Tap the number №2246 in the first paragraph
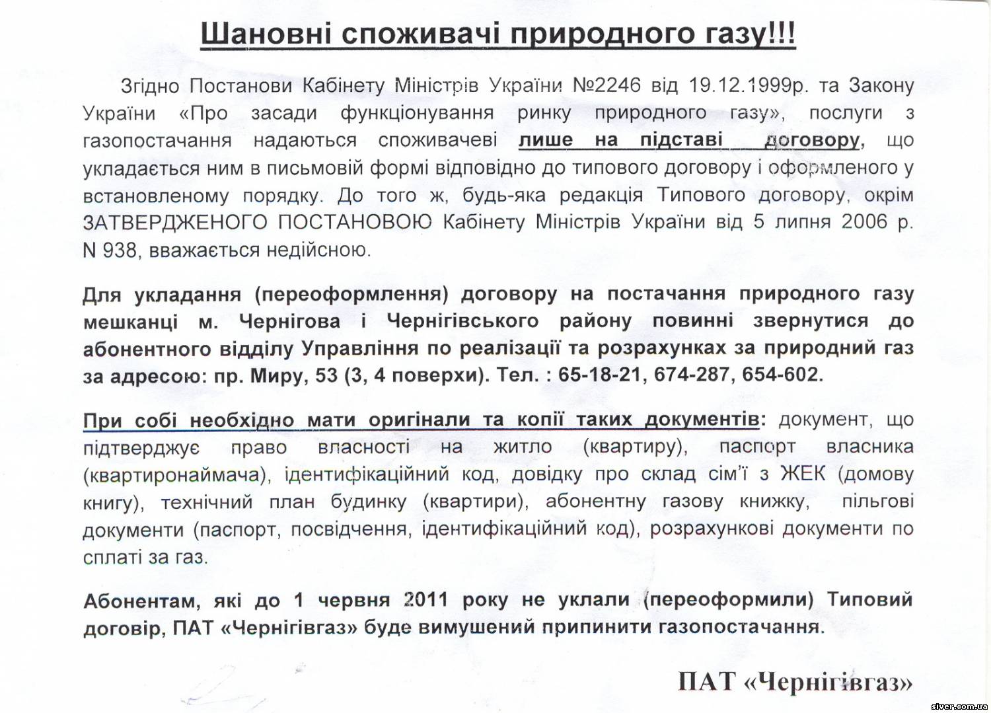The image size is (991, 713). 606,85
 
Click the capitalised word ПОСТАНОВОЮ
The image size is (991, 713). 354,222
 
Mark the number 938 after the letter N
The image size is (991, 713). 120,250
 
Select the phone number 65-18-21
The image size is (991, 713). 599,375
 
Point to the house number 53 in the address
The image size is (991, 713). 326,375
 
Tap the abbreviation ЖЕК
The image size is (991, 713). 803,474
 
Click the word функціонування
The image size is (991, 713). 417,113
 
